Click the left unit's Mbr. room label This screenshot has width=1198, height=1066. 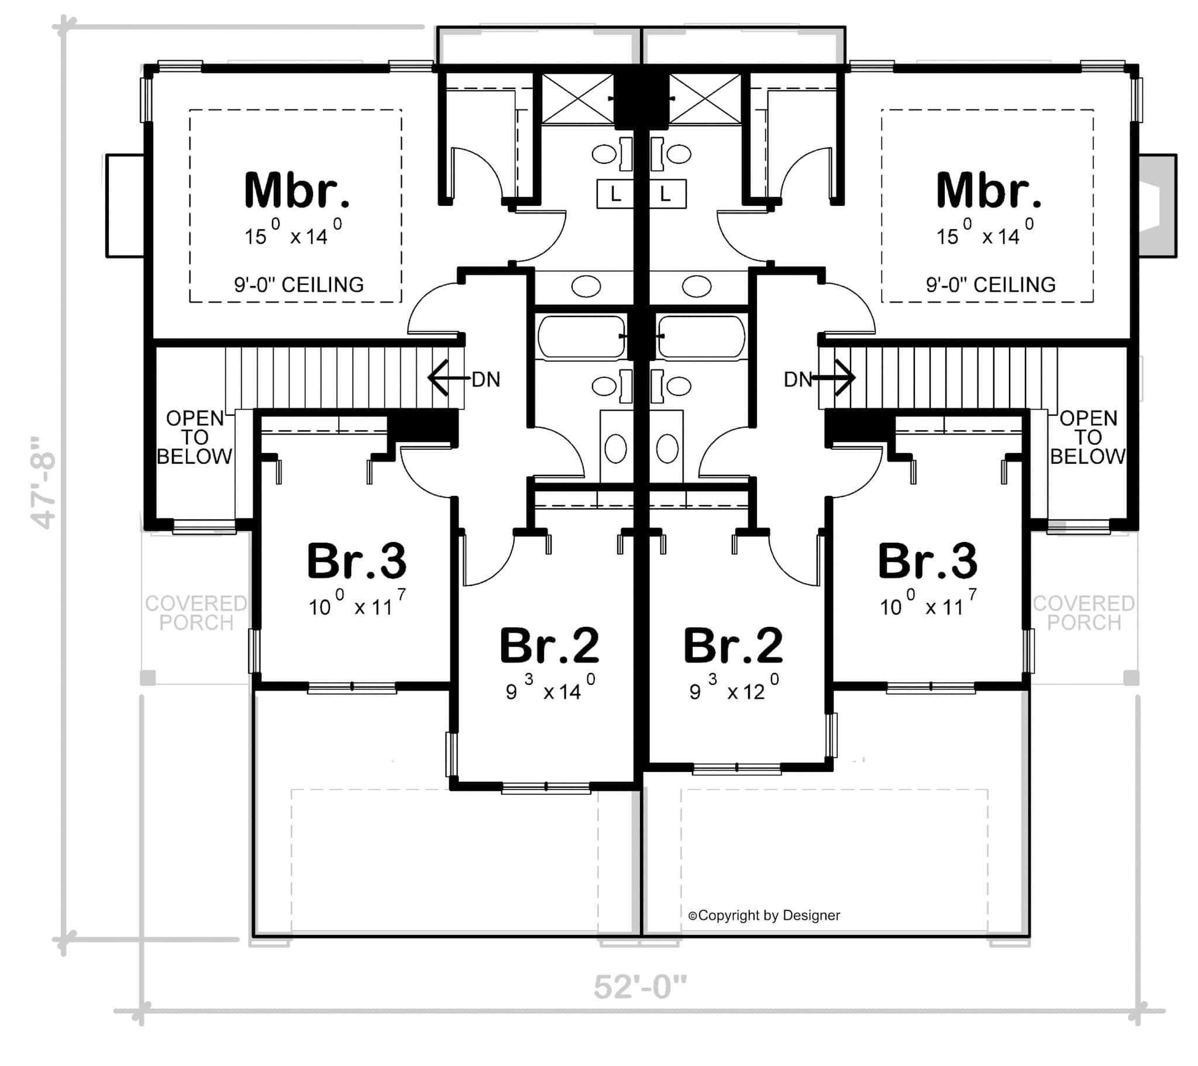coord(297,191)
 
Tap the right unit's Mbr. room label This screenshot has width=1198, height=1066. coord(988,191)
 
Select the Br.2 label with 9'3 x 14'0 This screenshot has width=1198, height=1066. coord(549,645)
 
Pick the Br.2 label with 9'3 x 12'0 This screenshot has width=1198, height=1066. coord(732,645)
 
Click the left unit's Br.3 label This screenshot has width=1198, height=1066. coord(356,561)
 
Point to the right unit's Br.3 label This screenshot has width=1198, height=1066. coord(927,561)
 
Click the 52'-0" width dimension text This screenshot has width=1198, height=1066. coord(639,987)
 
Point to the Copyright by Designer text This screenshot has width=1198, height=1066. coord(764,915)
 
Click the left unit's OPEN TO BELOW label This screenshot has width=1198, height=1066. coord(195,437)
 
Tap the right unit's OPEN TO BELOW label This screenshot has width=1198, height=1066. coord(1088,437)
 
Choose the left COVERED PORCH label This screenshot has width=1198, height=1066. coord(196,612)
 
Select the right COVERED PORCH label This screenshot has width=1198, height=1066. coord(1084,612)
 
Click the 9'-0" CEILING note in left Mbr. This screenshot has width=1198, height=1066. coord(299,285)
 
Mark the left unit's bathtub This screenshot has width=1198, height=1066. coord(581,337)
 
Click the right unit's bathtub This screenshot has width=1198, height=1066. coord(701,337)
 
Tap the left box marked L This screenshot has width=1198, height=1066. coord(615,194)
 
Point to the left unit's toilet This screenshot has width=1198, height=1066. coord(615,449)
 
